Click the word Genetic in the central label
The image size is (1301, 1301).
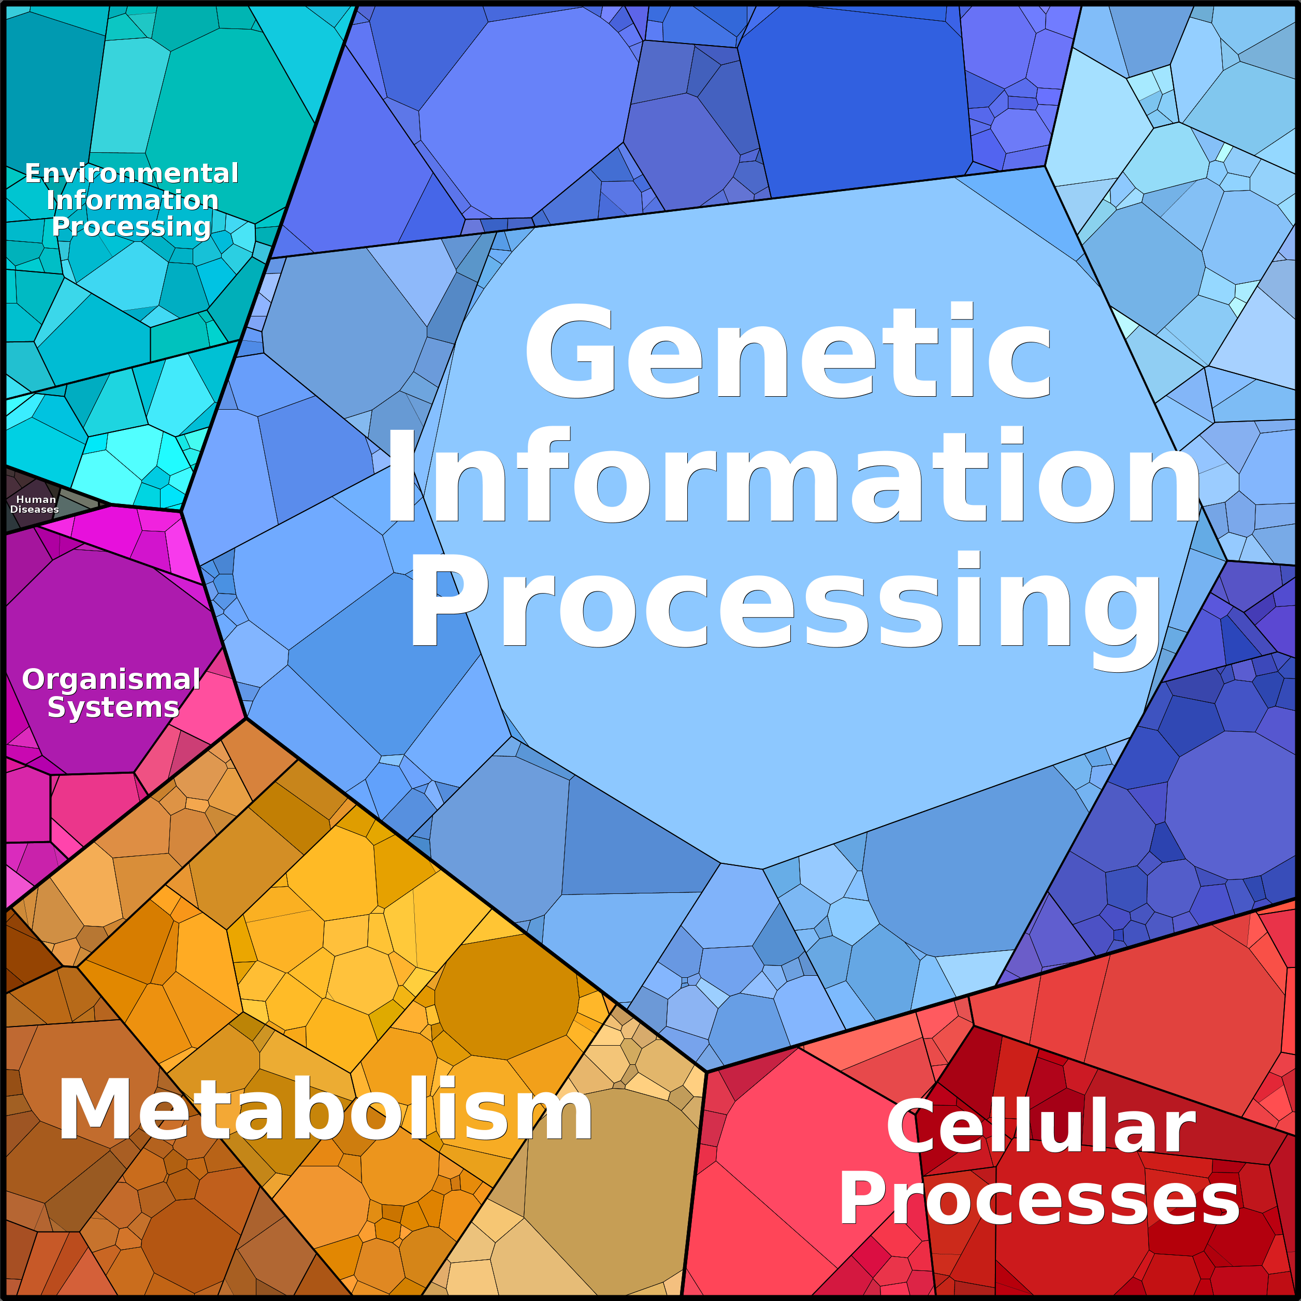(788, 350)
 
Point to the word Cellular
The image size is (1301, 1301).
(1040, 1126)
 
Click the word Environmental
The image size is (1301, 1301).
(132, 173)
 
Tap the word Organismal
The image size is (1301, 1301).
(111, 680)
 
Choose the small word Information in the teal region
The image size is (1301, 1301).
(133, 200)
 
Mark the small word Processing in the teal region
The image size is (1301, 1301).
(132, 227)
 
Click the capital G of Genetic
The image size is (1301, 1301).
(570, 350)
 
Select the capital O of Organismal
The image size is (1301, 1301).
(34, 680)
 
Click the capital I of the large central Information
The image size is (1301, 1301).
(399, 476)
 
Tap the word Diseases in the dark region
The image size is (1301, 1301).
(34, 510)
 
